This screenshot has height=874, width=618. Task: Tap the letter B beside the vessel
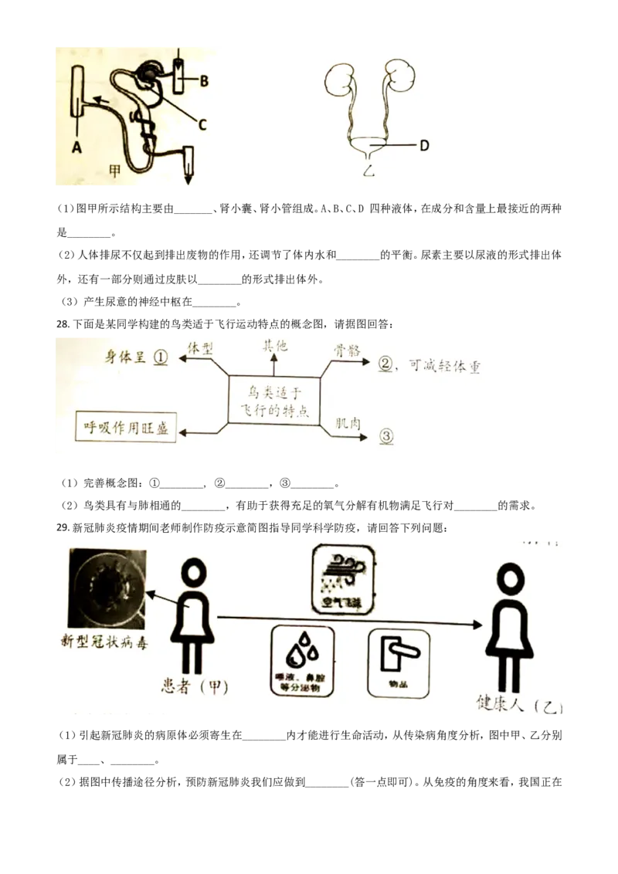coord(204,80)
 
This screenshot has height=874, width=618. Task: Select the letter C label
coord(203,123)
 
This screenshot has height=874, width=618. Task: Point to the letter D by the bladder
coord(423,145)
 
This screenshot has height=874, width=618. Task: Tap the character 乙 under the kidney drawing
coord(368,171)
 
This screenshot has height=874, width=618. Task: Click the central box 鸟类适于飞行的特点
coord(274,399)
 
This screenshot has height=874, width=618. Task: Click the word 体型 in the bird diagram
coord(200,349)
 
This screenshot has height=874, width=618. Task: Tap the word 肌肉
coord(346,423)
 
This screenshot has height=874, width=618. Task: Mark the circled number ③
coord(385,436)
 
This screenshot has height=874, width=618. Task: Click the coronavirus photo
coord(107,588)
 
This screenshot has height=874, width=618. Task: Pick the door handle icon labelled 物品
coord(398,661)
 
